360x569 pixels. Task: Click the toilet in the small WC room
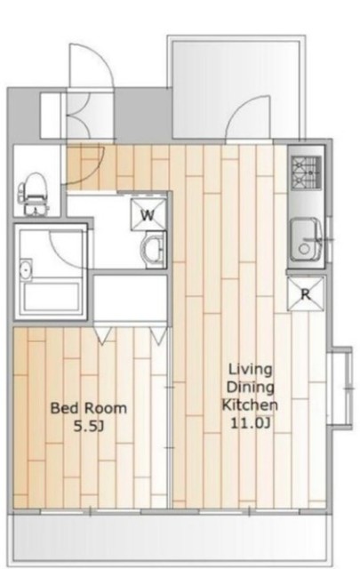(x=34, y=194)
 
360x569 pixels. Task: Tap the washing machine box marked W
(x=148, y=215)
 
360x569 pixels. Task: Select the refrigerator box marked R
(x=305, y=294)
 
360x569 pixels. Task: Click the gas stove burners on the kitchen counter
(x=307, y=172)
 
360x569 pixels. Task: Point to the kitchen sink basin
(x=306, y=239)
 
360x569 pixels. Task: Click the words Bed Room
(x=89, y=408)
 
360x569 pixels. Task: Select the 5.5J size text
(x=89, y=426)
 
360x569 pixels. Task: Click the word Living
(x=250, y=370)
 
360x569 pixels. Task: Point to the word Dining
(x=250, y=388)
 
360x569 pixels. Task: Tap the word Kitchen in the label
(x=250, y=405)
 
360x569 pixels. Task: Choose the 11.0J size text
(x=250, y=423)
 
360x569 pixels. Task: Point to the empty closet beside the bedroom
(x=131, y=298)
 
